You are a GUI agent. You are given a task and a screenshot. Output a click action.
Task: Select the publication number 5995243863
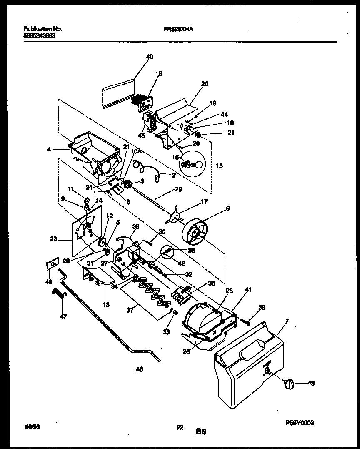point(40,36)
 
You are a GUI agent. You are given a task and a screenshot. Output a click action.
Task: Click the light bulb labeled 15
point(197,165)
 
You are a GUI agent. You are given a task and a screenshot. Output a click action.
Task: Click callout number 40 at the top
point(150,57)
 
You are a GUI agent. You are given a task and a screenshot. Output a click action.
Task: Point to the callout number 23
point(53,239)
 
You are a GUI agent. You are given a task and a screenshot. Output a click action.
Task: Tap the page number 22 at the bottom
point(180,426)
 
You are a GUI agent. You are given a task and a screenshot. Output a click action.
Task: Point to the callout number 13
point(106,305)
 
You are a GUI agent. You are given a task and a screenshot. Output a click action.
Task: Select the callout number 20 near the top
point(205,84)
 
